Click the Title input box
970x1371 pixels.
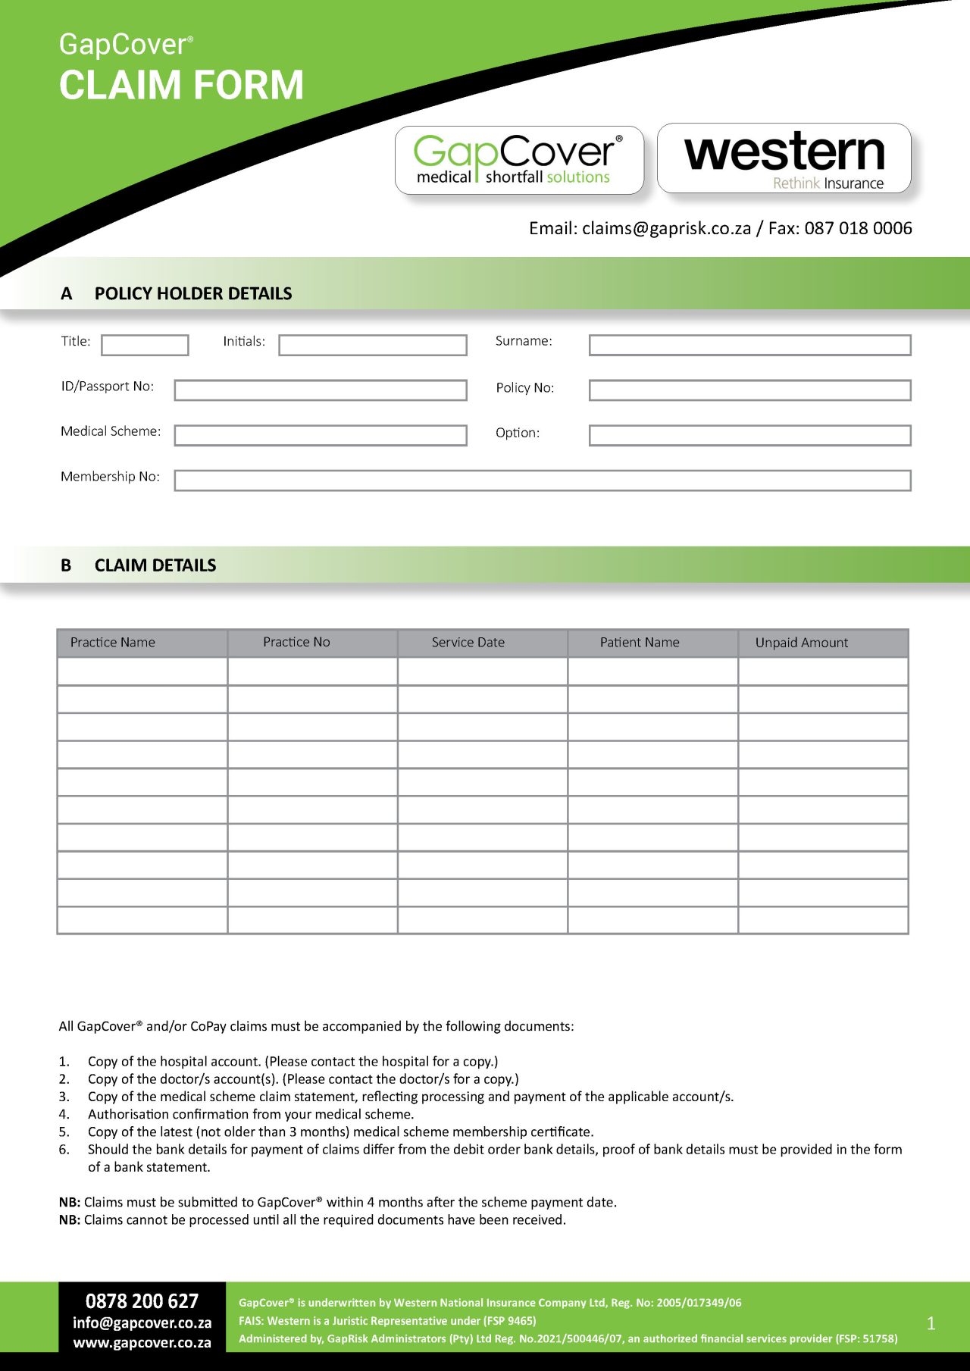coord(145,345)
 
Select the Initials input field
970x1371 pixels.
coord(372,345)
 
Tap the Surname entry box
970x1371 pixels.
coord(749,345)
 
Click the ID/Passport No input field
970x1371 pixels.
coord(320,390)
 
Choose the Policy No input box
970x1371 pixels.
coord(749,390)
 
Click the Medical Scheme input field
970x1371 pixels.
coord(320,435)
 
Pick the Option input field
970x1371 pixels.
coord(749,435)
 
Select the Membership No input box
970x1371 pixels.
coord(542,480)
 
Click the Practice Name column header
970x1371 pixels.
coord(113,643)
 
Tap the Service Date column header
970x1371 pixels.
coord(468,643)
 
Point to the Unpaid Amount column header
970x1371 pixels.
coord(801,643)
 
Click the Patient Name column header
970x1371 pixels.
coord(640,643)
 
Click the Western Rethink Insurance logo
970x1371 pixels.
coord(784,159)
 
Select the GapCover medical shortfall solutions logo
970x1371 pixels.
coord(519,160)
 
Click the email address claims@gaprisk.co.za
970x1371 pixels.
coord(666,228)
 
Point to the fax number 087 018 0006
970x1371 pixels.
coord(858,228)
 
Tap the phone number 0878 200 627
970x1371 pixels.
coord(142,1301)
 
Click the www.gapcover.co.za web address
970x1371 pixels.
coord(142,1342)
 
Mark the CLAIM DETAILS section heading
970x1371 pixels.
coord(155,565)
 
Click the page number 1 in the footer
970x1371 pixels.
coord(931,1323)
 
